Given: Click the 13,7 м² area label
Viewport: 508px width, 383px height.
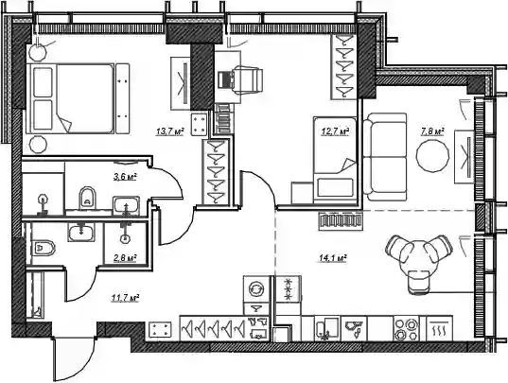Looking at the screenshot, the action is coord(169,131).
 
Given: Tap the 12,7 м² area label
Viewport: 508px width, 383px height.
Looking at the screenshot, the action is coord(335,131).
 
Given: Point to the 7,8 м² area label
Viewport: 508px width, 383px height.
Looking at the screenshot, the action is coord(432,131).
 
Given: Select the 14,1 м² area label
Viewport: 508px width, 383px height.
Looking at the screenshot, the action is coord(333,258).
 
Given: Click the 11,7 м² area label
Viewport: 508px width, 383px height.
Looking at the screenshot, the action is coord(125,298).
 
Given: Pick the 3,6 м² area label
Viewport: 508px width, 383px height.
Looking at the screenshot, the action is coord(125,177).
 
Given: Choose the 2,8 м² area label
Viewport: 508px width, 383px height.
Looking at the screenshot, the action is coord(125,258).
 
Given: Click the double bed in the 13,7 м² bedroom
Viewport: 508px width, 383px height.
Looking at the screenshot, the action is coord(78,98).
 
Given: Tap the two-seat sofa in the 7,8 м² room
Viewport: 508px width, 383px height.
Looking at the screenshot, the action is coord(385,157).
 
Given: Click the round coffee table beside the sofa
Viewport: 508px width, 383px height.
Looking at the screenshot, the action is coord(433,156).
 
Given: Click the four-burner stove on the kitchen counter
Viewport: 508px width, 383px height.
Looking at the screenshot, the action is coord(406,328).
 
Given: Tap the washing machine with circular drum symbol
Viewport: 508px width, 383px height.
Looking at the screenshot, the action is coord(256,288).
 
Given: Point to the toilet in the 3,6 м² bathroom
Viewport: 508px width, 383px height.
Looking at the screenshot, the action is coord(87,197).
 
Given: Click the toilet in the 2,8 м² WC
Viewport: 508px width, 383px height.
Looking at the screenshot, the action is coord(44,248).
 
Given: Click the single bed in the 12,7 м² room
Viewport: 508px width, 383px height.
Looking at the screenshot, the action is coord(335,160).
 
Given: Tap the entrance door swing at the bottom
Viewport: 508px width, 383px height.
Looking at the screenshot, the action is coord(74,359).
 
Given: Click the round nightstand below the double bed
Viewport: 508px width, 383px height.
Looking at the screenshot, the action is coord(38,145).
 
